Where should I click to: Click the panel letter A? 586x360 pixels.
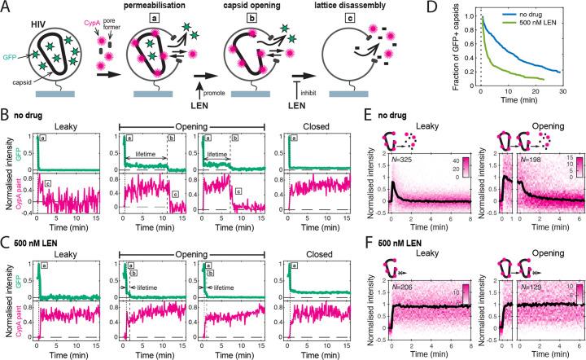pyautogui.click(x=6, y=7)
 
